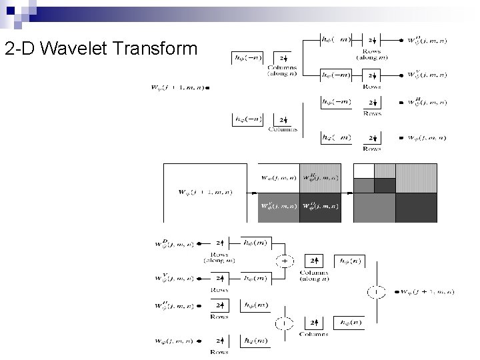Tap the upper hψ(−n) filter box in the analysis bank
248,58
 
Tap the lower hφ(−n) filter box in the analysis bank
248,120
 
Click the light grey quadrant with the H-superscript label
320,178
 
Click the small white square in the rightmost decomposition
363,171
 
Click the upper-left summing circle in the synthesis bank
285,261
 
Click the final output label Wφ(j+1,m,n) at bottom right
427,291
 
